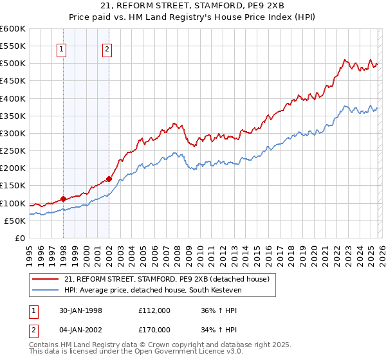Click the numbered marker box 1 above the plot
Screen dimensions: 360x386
tap(62, 50)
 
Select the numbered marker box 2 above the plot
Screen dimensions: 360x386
tap(107, 50)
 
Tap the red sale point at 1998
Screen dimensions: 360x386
tap(63, 199)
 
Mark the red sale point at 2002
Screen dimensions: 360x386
tap(109, 179)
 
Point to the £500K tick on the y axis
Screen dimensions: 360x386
tap(13, 64)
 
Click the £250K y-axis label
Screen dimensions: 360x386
tap(13, 151)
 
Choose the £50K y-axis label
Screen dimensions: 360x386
tap(15, 221)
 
